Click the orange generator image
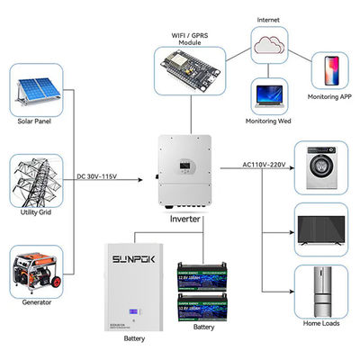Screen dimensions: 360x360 (x=34, y=269)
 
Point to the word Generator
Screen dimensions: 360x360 (x=33, y=301)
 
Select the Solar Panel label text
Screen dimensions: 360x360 (x=33, y=121)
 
